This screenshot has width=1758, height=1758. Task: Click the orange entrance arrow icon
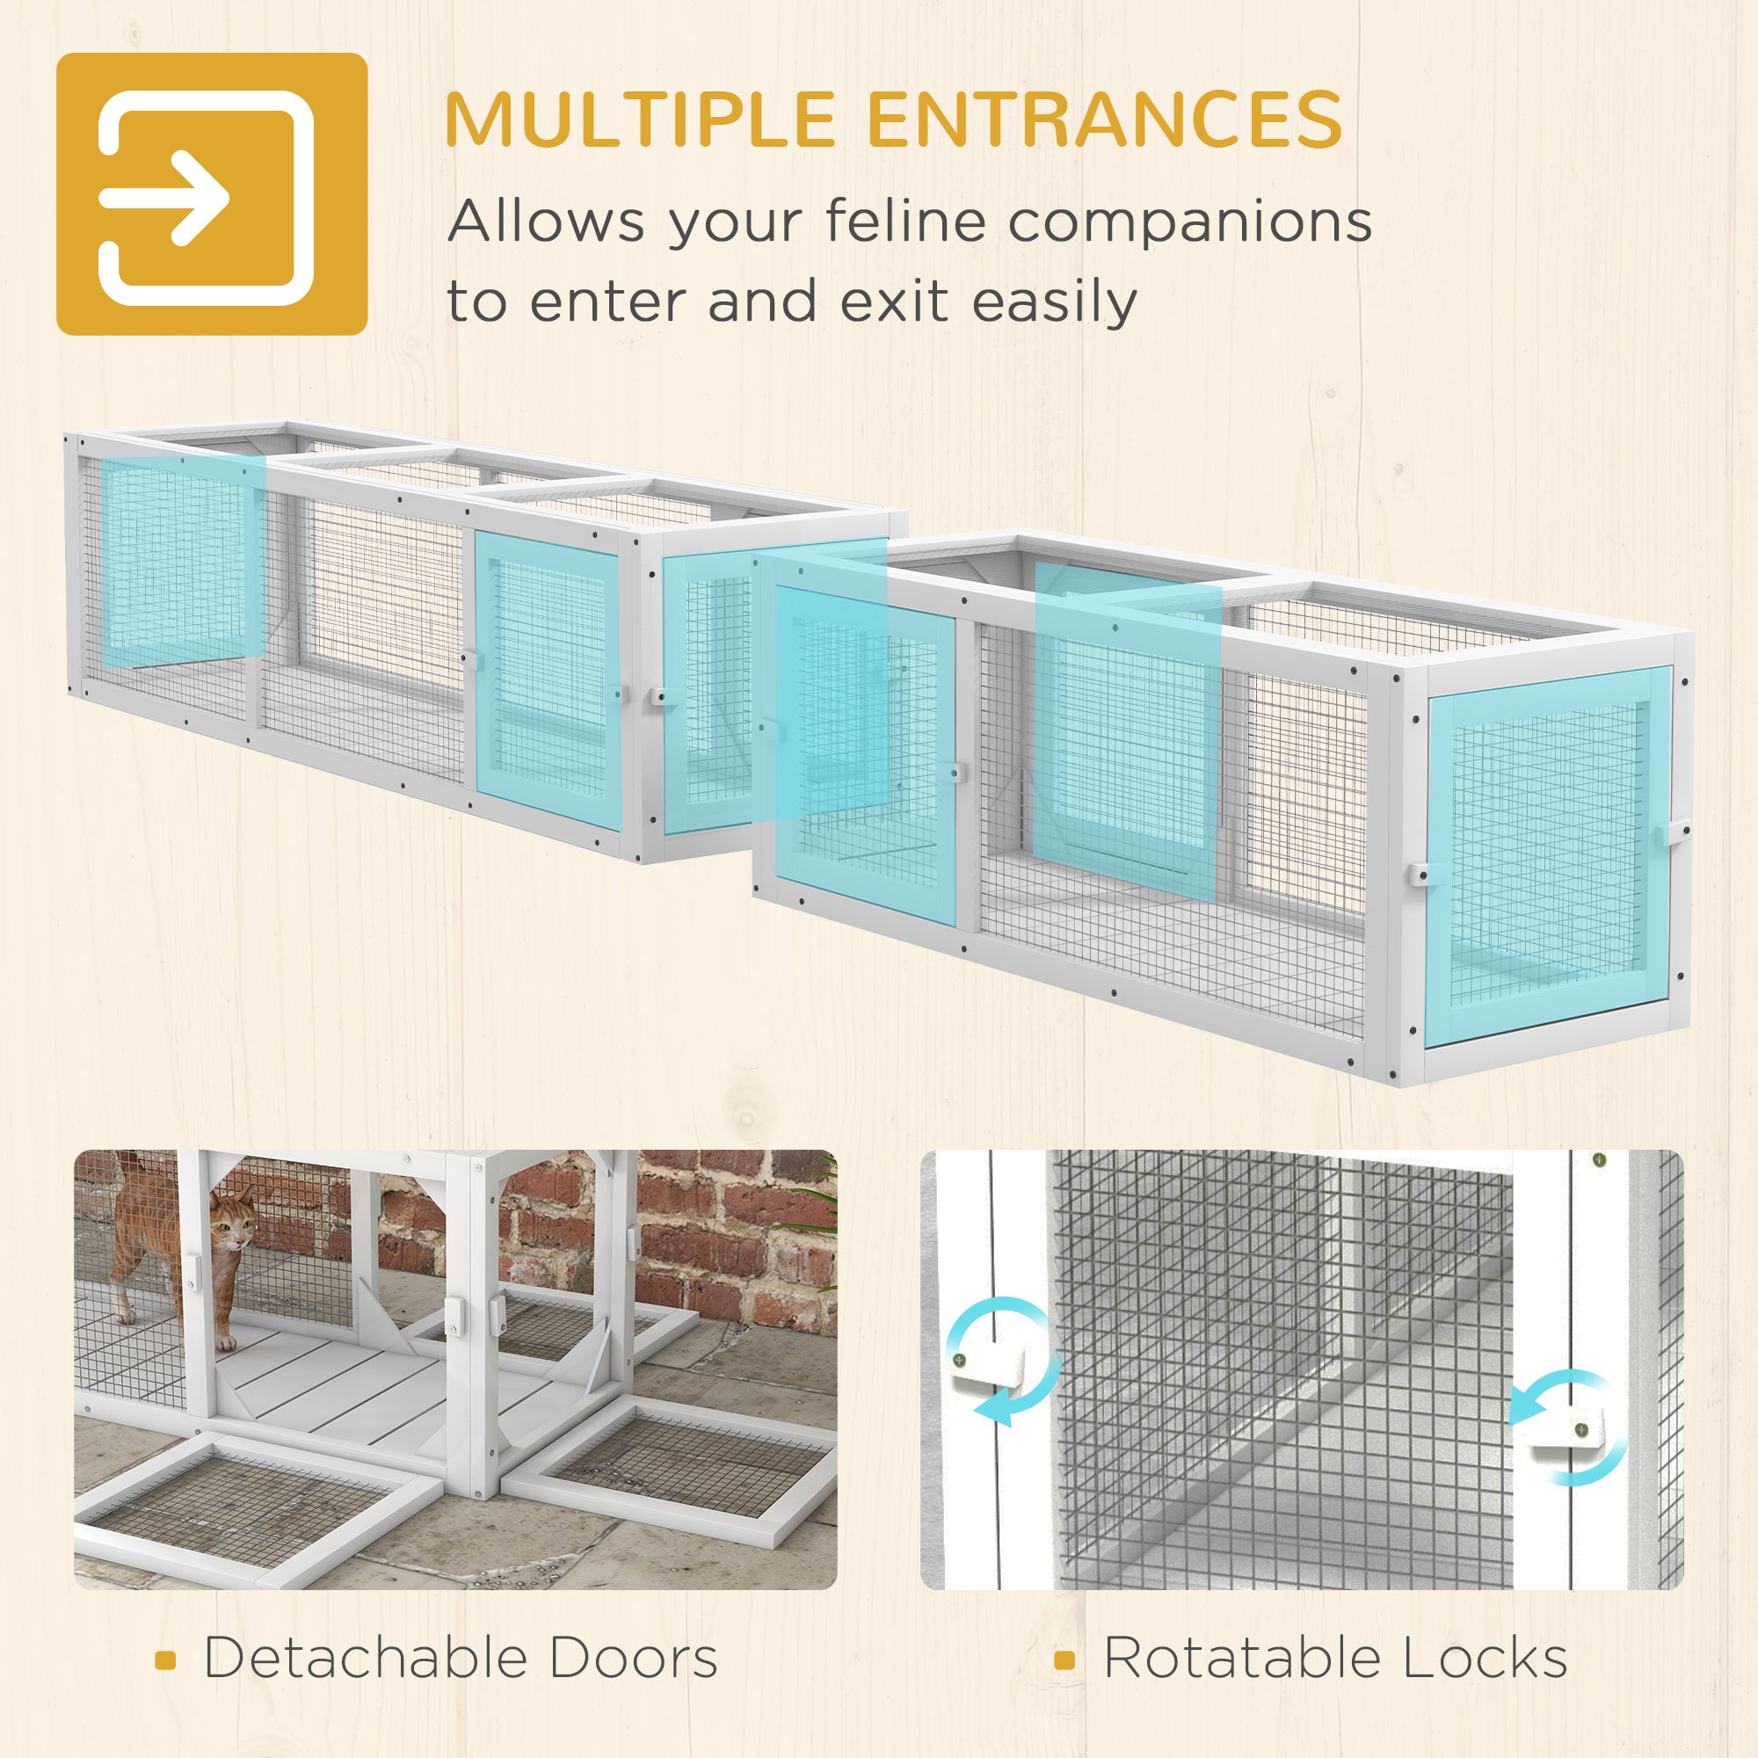(212, 193)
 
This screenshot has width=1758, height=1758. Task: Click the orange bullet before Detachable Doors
(164, 1660)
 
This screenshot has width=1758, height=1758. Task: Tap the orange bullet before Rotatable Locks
(1064, 1660)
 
